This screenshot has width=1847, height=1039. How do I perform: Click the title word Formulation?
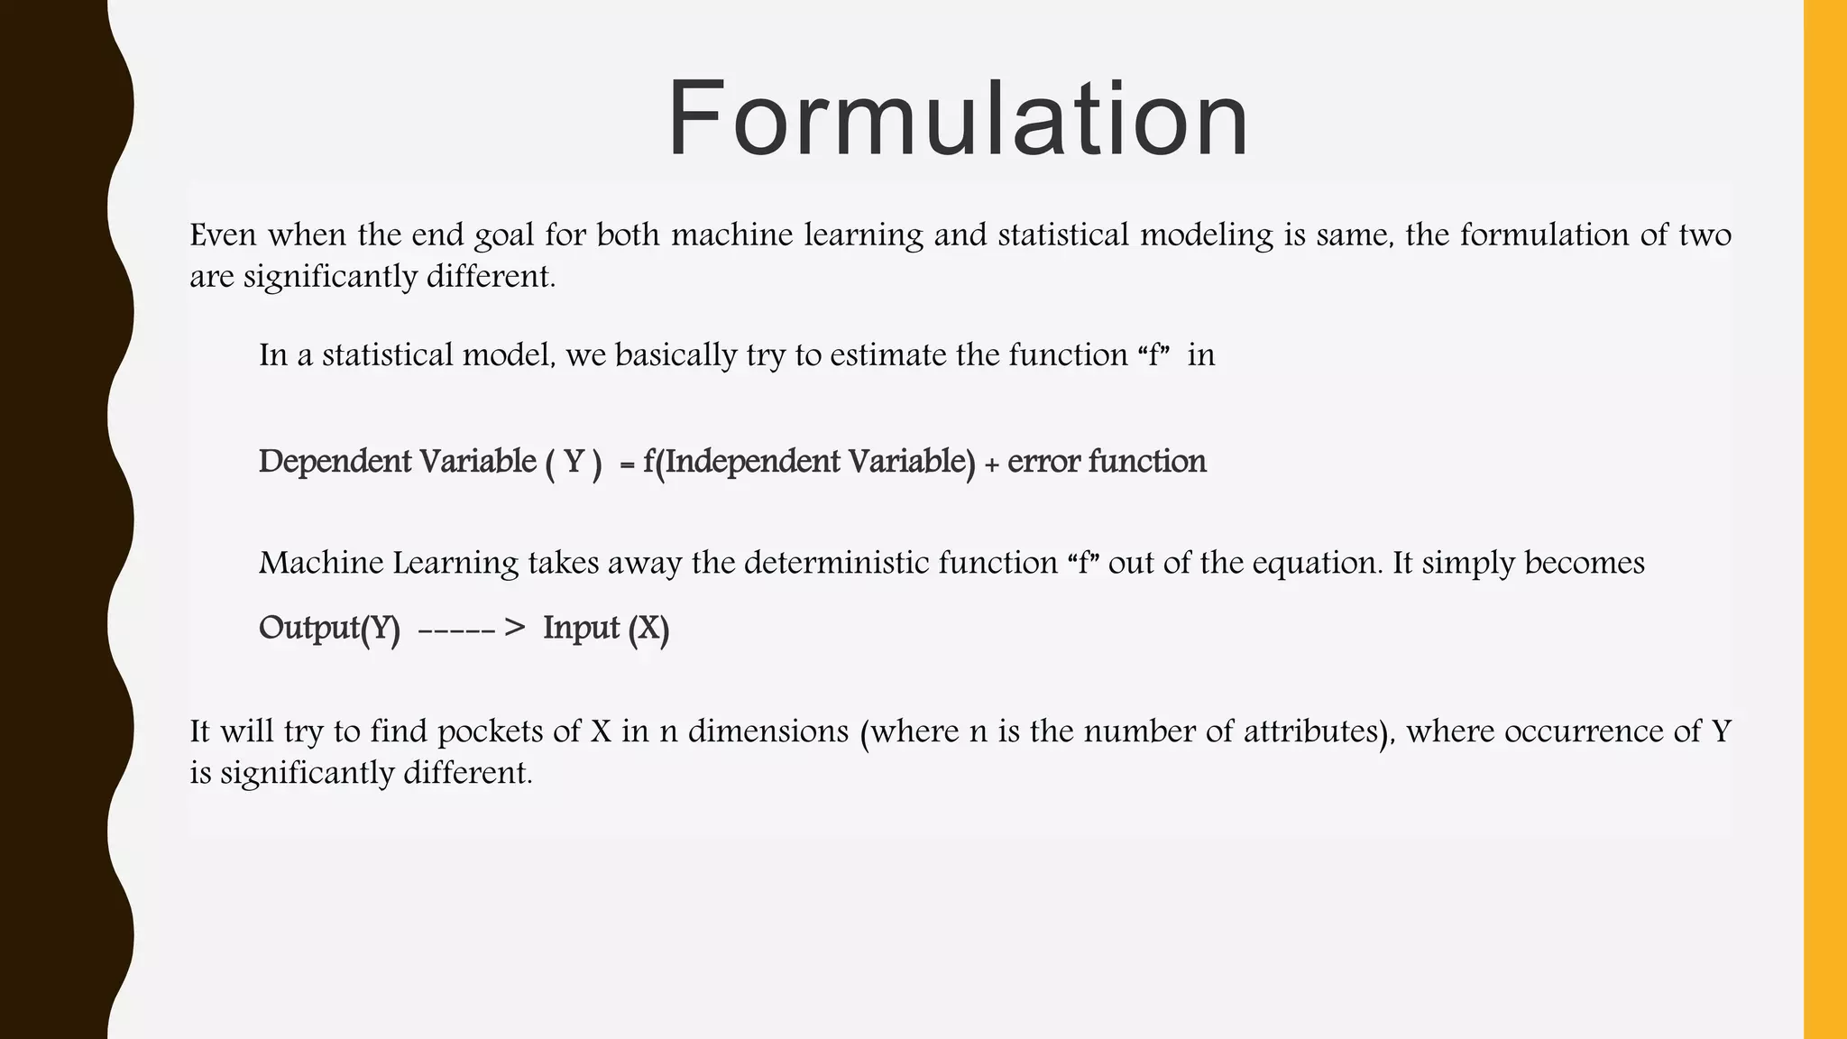(x=958, y=119)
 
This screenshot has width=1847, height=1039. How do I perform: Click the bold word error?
(x=1043, y=463)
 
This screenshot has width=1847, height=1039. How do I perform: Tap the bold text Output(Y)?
(x=329, y=628)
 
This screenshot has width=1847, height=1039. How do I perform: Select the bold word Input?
(x=581, y=628)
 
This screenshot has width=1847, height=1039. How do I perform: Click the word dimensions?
(x=768, y=731)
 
